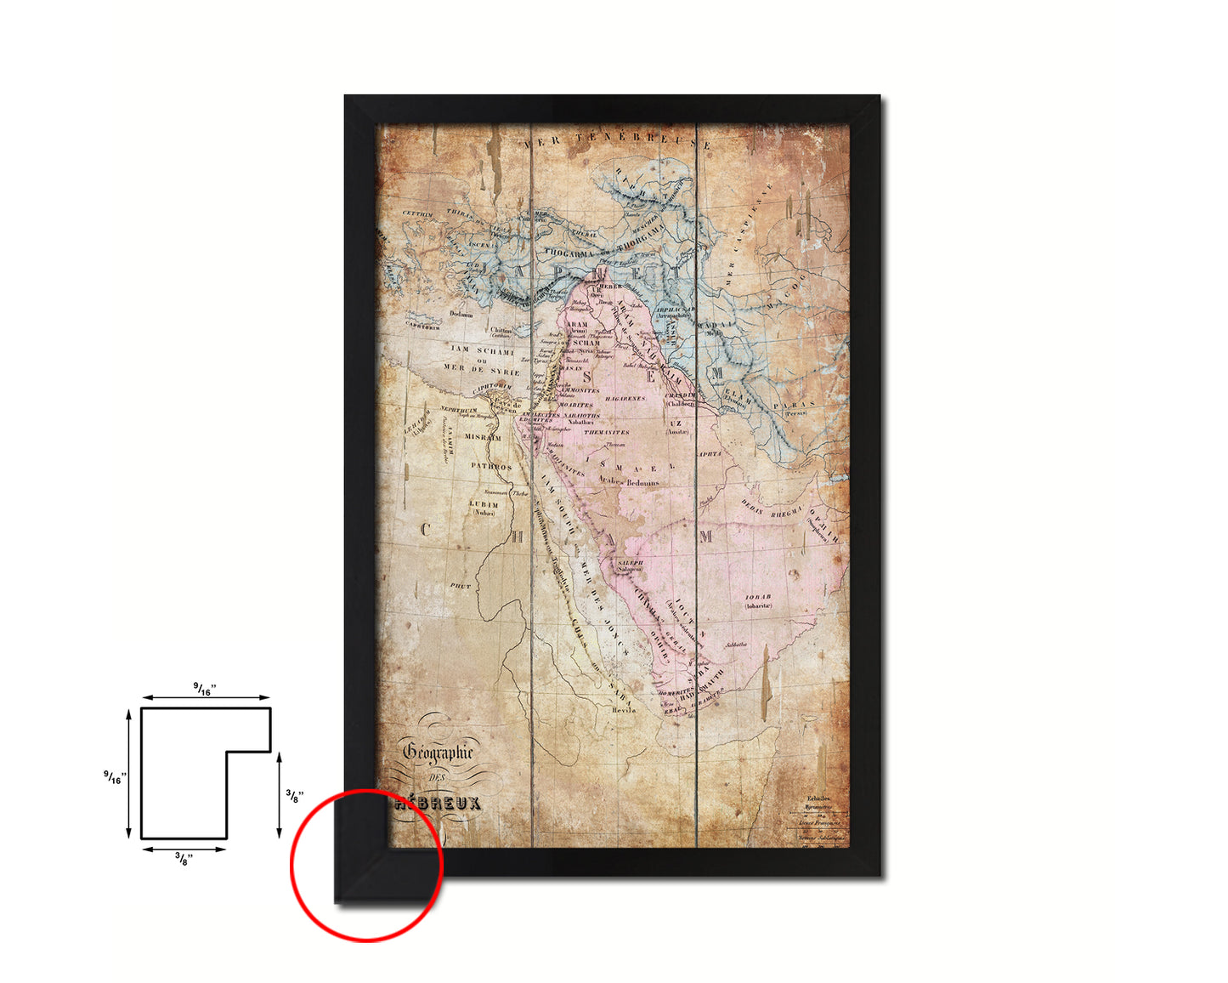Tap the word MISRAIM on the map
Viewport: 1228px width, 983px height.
point(482,437)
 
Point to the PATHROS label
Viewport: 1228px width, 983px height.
point(491,467)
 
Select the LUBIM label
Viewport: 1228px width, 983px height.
point(484,504)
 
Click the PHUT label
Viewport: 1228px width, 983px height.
point(460,586)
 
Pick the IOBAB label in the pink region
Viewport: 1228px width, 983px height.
point(758,597)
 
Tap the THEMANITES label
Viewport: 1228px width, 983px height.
point(606,432)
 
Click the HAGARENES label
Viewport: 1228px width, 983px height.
point(625,398)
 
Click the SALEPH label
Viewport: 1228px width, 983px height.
point(631,563)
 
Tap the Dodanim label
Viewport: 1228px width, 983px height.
point(461,314)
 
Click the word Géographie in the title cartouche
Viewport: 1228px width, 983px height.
point(438,752)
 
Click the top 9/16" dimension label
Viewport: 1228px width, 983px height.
point(205,690)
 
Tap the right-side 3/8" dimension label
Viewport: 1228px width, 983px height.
point(294,796)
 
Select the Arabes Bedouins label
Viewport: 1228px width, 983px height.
point(629,482)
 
